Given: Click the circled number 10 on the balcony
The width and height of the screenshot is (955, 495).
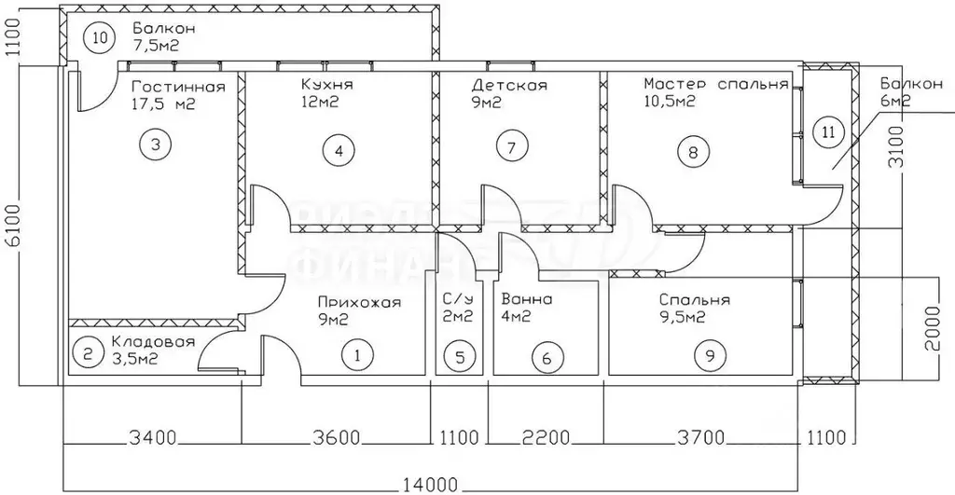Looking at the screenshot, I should [x=100, y=38].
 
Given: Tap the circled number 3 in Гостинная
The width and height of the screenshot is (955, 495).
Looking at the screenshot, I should [x=155, y=144].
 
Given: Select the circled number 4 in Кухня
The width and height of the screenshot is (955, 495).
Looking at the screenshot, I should [x=339, y=148].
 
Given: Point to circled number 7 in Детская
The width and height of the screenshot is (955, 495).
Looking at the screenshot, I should [x=512, y=146].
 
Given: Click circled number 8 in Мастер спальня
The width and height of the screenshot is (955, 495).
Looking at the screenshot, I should [x=692, y=149].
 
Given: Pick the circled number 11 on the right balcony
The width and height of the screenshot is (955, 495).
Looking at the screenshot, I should [x=827, y=131].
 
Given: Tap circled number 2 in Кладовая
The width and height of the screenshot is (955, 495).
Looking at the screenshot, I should [x=88, y=353].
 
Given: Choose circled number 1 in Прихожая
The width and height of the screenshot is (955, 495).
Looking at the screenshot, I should [x=356, y=354].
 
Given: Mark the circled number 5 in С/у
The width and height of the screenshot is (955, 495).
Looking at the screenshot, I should [x=457, y=355].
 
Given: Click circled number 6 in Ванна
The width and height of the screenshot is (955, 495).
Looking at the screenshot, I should [x=547, y=355].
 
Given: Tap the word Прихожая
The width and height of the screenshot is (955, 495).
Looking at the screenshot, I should [x=359, y=301].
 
